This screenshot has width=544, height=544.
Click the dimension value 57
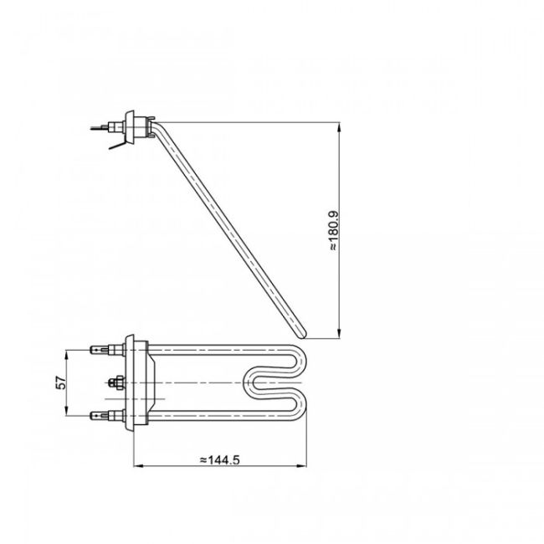point(59,382)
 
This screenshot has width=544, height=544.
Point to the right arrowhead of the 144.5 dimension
point(303,465)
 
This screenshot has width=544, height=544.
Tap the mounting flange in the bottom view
point(131,381)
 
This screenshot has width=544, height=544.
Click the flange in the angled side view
point(131,123)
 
